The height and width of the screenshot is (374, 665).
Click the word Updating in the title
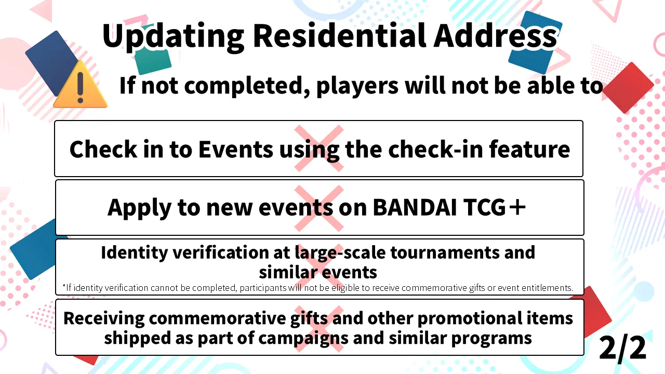click(173, 37)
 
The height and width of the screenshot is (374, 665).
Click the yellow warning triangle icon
click(80, 85)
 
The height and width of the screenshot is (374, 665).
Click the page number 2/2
click(622, 348)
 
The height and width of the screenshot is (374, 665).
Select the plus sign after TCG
click(517, 207)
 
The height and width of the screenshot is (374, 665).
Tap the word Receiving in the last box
click(104, 319)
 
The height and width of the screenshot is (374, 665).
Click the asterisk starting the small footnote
click(64, 286)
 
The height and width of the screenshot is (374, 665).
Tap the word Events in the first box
click(236, 149)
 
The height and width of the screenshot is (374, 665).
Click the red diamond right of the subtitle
click(628, 88)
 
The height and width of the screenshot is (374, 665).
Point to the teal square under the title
click(153, 61)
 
